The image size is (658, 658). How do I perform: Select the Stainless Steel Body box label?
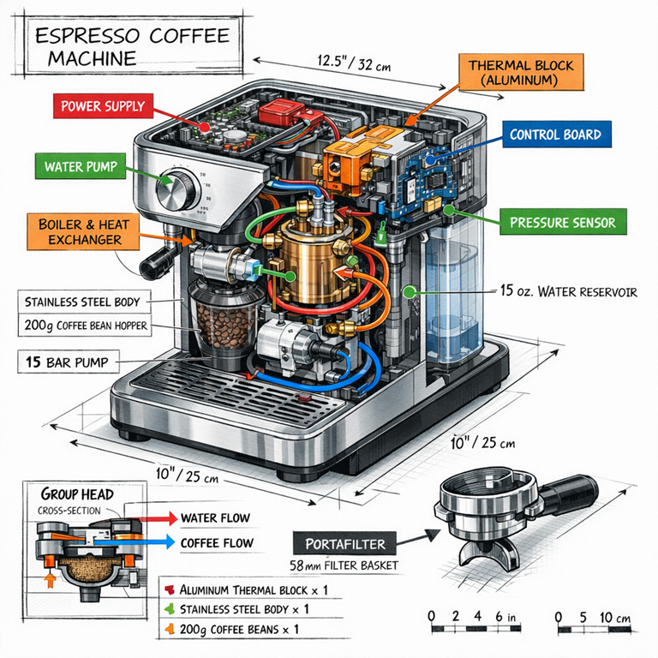click(x=83, y=302)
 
